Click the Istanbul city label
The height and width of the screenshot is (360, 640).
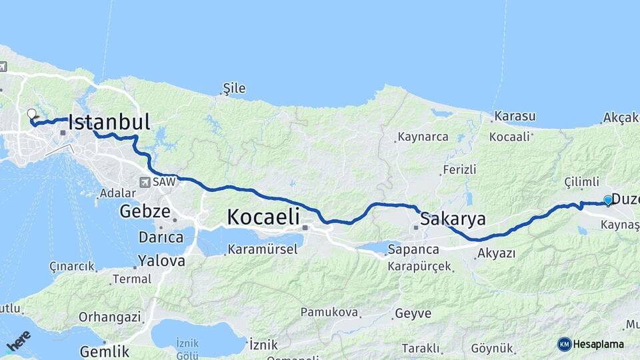(x=109, y=122)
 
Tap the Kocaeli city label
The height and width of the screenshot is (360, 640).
(x=263, y=217)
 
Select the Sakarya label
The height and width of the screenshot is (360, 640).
(x=453, y=219)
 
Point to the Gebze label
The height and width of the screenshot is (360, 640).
(x=141, y=211)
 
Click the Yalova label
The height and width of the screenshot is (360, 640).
(x=161, y=261)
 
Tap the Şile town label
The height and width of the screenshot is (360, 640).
(x=234, y=88)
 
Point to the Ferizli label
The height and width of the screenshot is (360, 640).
(x=460, y=170)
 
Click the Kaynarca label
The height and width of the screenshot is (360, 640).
(x=422, y=137)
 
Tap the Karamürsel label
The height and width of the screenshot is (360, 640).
(x=256, y=250)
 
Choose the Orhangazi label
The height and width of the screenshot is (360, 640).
(x=109, y=317)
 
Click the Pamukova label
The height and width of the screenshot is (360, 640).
(x=329, y=312)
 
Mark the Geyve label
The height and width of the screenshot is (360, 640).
(x=413, y=313)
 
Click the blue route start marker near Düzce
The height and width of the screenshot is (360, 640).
(x=608, y=200)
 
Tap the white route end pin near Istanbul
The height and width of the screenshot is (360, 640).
(x=31, y=113)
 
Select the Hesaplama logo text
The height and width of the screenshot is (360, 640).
(x=598, y=345)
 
